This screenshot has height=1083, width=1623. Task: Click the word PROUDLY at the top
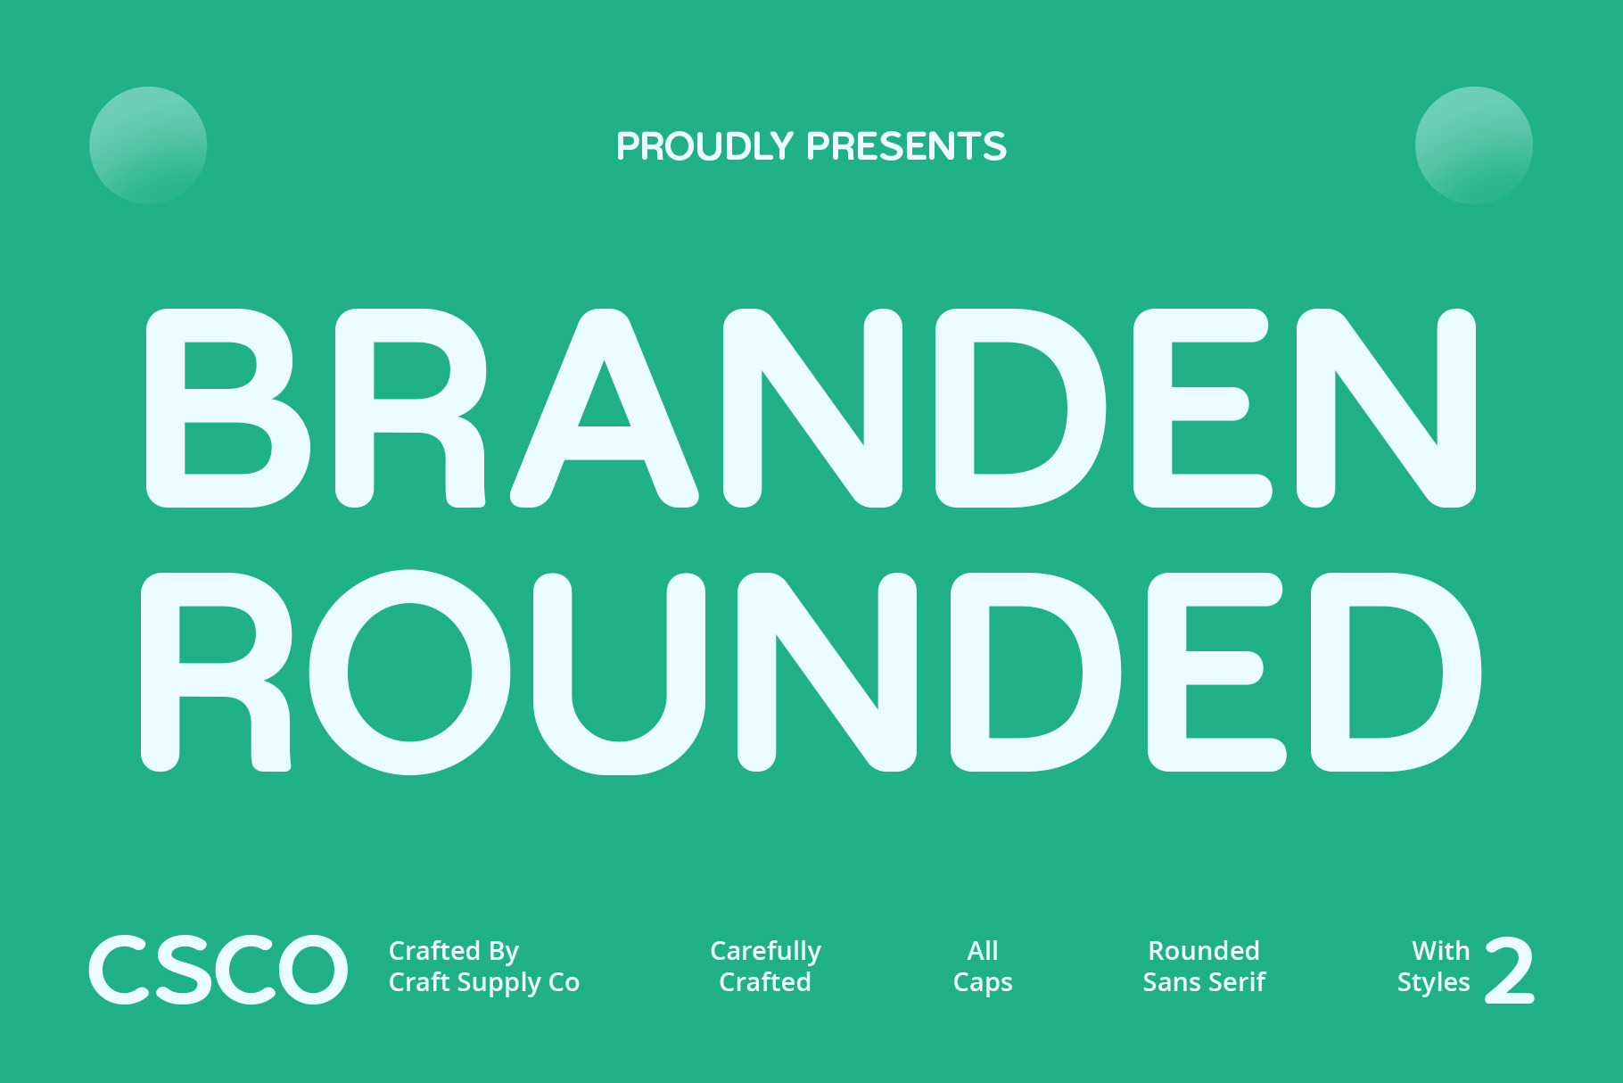click(704, 146)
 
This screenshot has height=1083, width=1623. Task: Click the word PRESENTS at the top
click(906, 146)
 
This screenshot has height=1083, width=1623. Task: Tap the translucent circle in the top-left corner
click(148, 145)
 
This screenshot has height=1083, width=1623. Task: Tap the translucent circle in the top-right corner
click(1474, 145)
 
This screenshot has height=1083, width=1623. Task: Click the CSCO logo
click(218, 969)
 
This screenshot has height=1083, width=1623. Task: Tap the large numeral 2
click(1509, 970)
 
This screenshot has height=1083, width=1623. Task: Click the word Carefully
click(765, 952)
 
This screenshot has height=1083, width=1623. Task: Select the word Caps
click(983, 983)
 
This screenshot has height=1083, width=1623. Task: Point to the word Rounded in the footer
click(1204, 951)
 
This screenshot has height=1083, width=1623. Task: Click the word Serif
click(1238, 982)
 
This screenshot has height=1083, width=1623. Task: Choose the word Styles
click(1433, 983)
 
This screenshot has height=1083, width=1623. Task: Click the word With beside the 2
click(1441, 951)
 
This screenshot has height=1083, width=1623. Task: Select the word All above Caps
click(983, 951)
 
